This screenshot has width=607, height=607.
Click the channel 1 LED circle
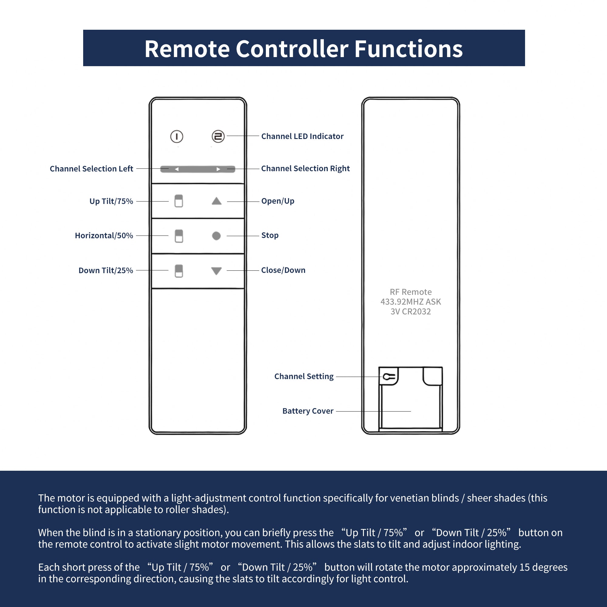177,137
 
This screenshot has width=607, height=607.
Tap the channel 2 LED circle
218,136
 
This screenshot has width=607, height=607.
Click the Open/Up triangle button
216,201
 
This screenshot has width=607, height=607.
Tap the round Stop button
216,236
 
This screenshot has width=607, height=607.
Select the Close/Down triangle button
216,270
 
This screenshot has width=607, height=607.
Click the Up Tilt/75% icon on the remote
179,201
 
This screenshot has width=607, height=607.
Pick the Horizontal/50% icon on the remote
179,236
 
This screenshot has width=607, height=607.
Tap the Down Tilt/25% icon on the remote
179,271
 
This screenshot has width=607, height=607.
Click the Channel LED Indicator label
302,136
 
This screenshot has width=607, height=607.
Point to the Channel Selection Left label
91,169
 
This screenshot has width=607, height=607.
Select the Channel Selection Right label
305,168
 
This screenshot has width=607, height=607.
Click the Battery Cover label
307,411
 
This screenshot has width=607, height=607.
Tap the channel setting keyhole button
389,376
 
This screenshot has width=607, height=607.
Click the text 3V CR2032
411,312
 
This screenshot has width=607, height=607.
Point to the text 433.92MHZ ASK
411,302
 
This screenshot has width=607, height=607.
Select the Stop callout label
270,235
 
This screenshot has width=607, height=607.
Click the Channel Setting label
304,376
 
